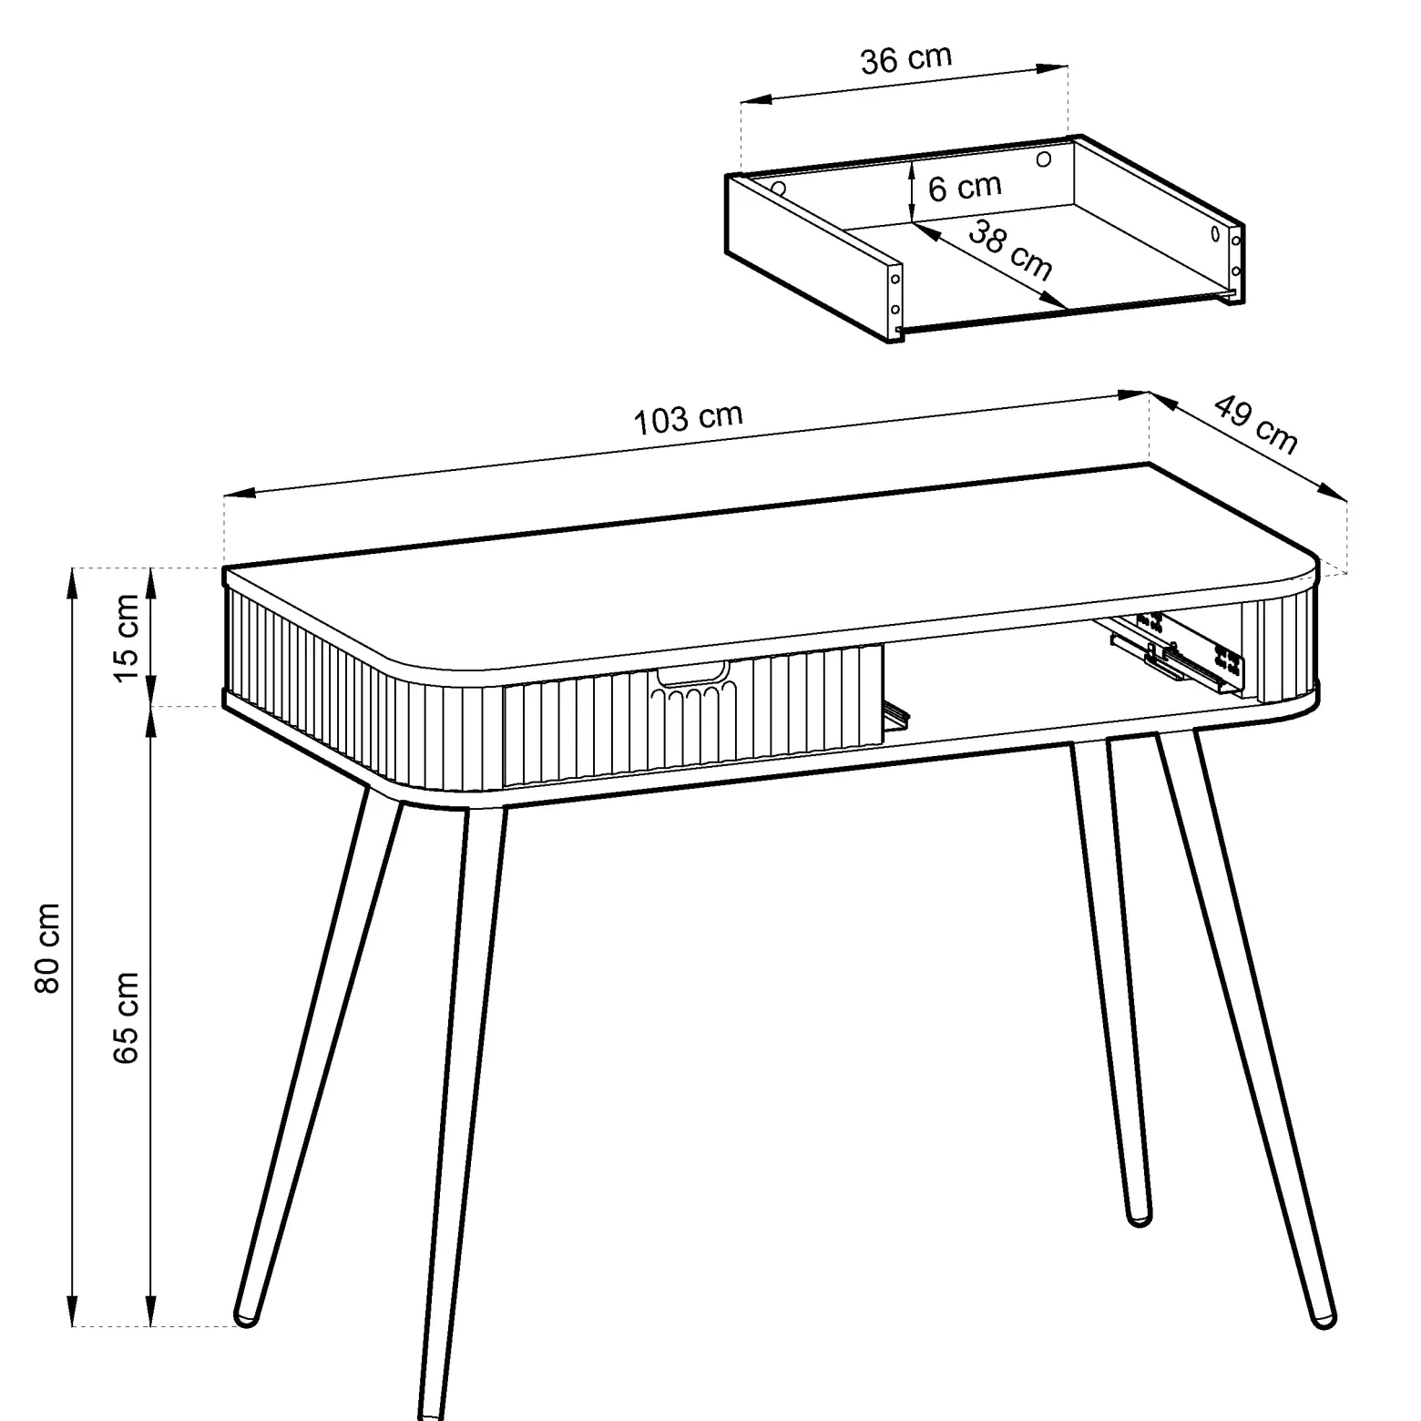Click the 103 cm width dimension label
[x=688, y=419]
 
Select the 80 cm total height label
[x=47, y=948]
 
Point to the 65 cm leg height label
[x=126, y=1017]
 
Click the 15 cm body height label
[x=126, y=637]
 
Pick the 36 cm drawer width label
[x=906, y=59]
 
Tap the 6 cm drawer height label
[x=965, y=188]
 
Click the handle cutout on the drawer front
[x=692, y=675]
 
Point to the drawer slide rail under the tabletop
[x=1175, y=653]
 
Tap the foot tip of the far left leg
[x=246, y=1317]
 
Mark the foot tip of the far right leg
[x=1323, y=1318]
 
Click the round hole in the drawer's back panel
[x=1044, y=158]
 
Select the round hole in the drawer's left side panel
[x=779, y=189]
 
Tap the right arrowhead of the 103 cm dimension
[x=1133, y=394]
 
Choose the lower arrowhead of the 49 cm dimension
[x=1333, y=492]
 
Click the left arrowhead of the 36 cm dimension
[x=757, y=99]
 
